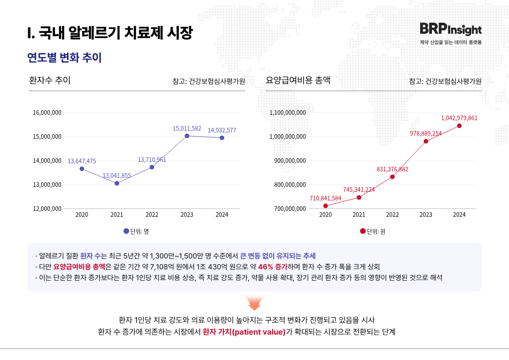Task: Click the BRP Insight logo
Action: pos(451,29)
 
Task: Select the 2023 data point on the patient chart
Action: pos(187,136)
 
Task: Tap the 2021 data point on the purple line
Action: pos(117,183)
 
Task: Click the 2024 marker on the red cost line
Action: pos(459,126)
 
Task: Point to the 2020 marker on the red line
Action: pos(325,206)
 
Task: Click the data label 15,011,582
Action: pos(187,129)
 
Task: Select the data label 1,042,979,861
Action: pos(459,118)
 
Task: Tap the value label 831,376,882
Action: pos(393,169)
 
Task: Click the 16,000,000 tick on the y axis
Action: pos(47,112)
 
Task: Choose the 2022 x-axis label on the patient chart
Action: pos(152,214)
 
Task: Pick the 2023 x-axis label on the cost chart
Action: pos(426,214)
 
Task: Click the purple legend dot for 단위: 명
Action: pos(126,231)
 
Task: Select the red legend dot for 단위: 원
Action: pos(363,231)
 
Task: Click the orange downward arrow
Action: pos(254,303)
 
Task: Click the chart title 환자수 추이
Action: pos(49,81)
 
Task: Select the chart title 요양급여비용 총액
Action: pos(298,81)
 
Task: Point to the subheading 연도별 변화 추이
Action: pos(64,58)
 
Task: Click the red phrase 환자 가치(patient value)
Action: pos(244,331)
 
